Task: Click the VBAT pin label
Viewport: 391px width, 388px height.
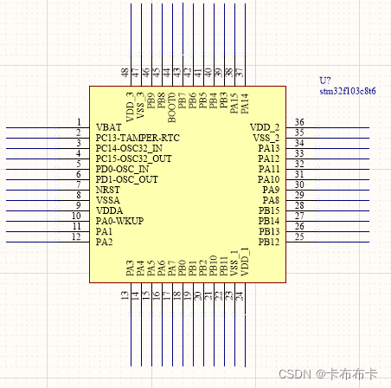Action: (x=109, y=127)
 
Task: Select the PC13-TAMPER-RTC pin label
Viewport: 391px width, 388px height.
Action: (x=138, y=138)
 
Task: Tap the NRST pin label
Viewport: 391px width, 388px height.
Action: (x=107, y=189)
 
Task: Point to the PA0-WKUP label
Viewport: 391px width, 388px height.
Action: (x=119, y=221)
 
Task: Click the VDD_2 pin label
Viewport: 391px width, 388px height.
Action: (x=265, y=127)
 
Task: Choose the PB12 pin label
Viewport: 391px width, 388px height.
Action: (x=268, y=242)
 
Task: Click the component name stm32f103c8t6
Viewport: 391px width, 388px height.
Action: (x=347, y=91)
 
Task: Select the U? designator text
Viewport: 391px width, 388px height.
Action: (x=325, y=81)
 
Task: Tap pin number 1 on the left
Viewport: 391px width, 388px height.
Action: (x=79, y=122)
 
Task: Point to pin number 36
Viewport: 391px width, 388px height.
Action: (x=299, y=122)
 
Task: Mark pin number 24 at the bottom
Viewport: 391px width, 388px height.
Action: (x=240, y=296)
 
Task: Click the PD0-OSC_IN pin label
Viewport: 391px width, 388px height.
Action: (x=123, y=169)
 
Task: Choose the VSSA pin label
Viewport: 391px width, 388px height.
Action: (x=108, y=200)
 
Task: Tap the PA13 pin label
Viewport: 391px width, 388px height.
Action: (x=268, y=148)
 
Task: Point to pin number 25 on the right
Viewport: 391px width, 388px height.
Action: (x=299, y=236)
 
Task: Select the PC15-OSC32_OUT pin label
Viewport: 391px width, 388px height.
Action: (x=134, y=158)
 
